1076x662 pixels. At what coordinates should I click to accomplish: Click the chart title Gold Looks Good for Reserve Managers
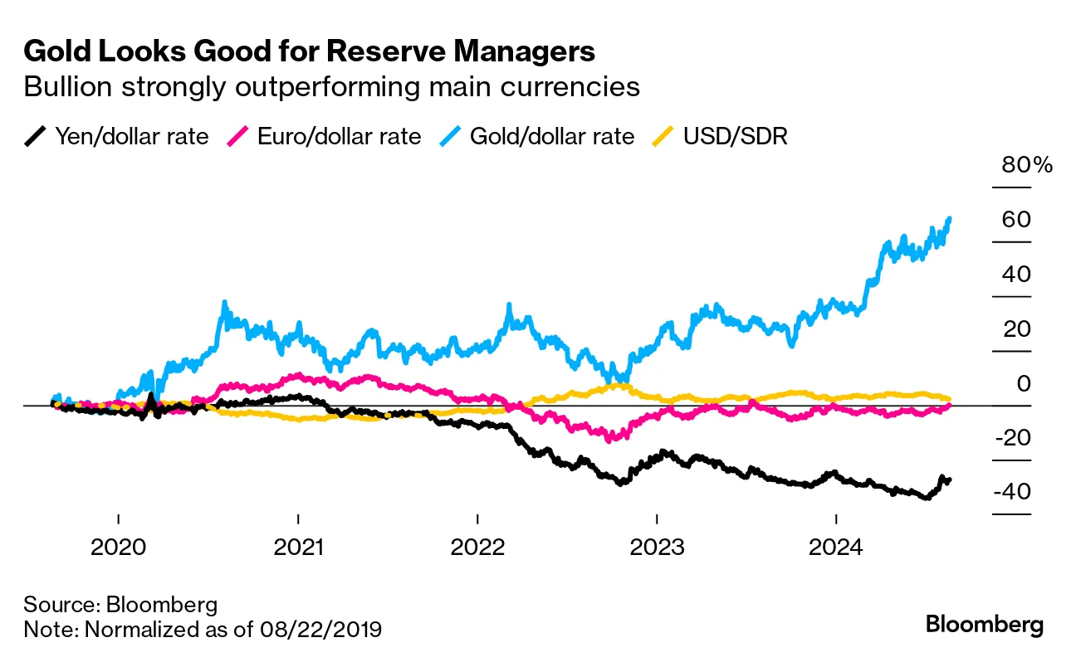(310, 51)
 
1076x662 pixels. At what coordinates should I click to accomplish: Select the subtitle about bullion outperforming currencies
(332, 87)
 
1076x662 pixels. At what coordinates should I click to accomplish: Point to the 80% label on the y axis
(1027, 164)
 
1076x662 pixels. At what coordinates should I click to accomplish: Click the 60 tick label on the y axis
(1016, 220)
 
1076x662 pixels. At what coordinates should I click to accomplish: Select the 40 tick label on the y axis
(1016, 275)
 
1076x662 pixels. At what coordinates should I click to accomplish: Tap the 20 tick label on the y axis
(1016, 329)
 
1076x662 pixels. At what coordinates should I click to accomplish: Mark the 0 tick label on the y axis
(1024, 384)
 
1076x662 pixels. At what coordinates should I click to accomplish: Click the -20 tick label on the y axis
(1012, 439)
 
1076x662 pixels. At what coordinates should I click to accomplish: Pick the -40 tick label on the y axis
(1012, 493)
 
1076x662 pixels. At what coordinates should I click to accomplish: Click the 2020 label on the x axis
(119, 548)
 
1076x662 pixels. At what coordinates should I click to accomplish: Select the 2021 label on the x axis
(298, 548)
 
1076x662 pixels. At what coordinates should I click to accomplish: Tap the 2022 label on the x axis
(477, 548)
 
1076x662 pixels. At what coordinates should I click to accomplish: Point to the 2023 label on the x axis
(657, 548)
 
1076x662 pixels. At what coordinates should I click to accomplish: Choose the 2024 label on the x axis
(836, 548)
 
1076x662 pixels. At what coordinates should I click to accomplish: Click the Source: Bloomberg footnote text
(120, 603)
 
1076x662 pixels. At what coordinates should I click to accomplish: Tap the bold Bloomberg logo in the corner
(985, 625)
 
